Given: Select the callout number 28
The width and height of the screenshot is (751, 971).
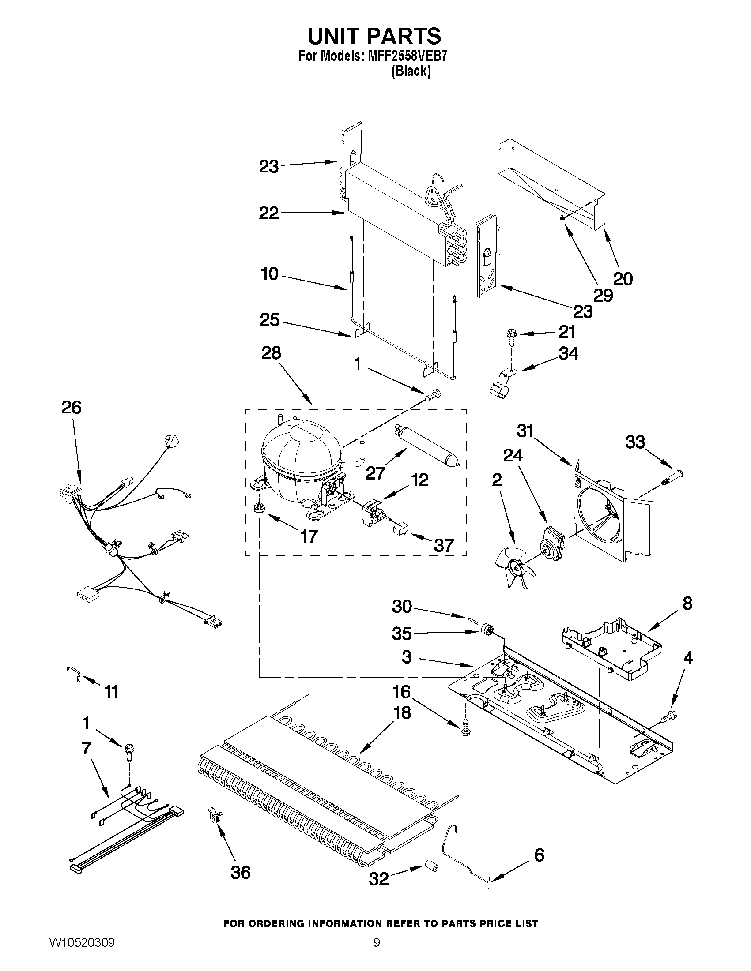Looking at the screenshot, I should (271, 353).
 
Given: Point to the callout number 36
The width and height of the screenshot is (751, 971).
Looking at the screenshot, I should (241, 872).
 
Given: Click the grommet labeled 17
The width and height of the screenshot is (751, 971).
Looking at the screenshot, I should (258, 507).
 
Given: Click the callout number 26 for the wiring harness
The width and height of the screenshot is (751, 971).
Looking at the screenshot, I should (72, 407).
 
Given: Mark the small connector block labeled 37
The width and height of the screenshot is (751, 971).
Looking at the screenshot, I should (401, 529).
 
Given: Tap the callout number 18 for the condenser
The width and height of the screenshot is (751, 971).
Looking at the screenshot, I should (402, 712).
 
